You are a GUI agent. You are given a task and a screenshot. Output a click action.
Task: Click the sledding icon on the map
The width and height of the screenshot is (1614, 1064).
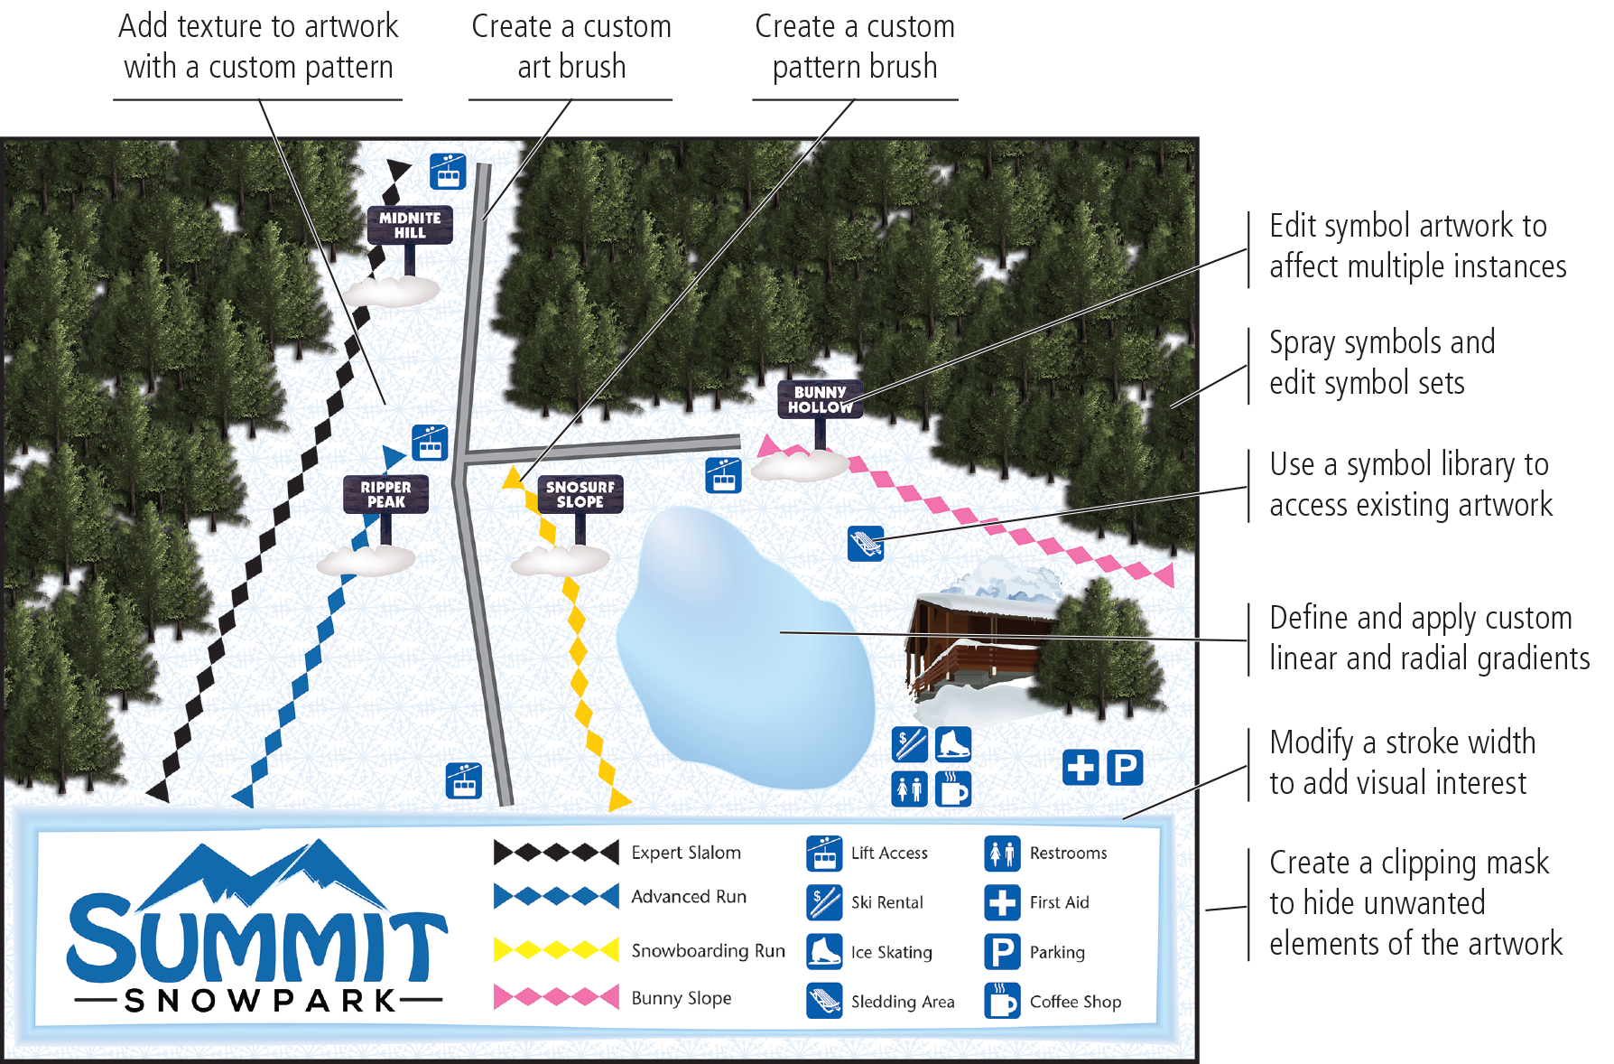click(x=865, y=544)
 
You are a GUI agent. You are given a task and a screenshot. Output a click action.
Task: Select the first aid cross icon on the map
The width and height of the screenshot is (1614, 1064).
click(x=1081, y=768)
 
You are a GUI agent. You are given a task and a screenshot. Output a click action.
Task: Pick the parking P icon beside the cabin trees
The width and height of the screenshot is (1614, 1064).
click(x=1125, y=768)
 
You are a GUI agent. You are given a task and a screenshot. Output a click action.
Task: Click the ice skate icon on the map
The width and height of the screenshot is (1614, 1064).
click(x=953, y=745)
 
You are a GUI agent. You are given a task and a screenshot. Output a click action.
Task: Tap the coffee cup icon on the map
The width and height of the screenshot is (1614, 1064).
click(x=953, y=789)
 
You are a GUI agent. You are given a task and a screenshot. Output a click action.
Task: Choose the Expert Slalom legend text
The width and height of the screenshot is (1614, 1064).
click(x=686, y=853)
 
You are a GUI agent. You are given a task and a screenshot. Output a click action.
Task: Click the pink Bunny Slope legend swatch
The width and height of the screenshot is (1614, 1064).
click(x=557, y=996)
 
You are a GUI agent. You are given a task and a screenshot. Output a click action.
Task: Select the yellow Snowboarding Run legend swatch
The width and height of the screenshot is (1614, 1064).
click(x=557, y=949)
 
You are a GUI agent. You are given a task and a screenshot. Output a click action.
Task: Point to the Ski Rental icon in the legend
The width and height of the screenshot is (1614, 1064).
click(x=824, y=901)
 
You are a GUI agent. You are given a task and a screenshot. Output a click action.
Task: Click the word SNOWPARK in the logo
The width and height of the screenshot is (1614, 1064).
click(x=260, y=1001)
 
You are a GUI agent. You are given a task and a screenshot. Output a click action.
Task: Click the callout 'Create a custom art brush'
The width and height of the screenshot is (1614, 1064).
click(x=571, y=47)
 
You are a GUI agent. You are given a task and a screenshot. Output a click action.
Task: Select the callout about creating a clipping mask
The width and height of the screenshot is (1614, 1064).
click(x=1415, y=903)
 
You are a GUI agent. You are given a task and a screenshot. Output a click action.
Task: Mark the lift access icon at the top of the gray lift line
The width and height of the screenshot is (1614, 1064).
click(x=448, y=171)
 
